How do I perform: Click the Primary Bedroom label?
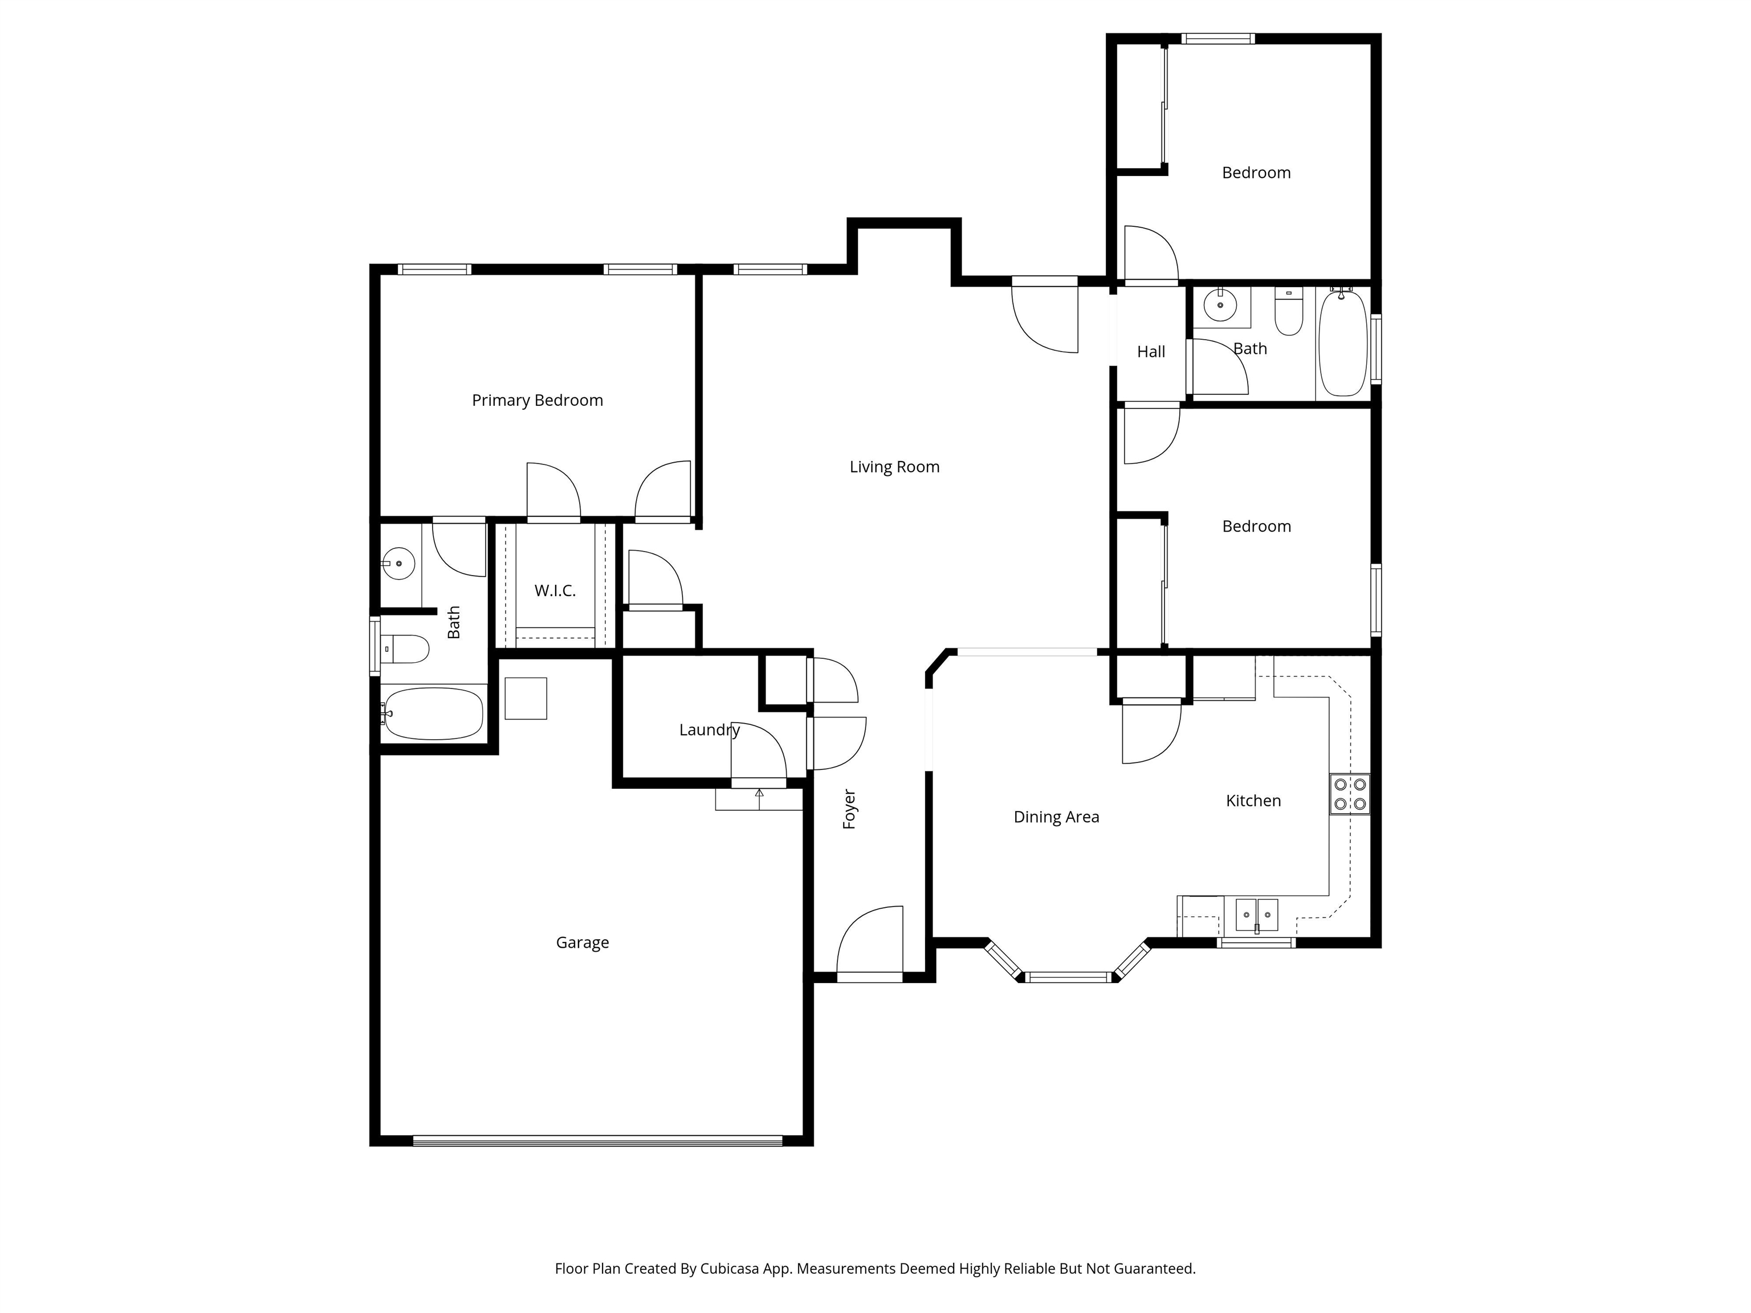pyautogui.click(x=537, y=401)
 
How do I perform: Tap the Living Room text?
pyautogui.click(x=894, y=467)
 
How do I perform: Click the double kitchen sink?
pyautogui.click(x=1256, y=915)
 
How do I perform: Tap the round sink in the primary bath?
pyautogui.click(x=398, y=562)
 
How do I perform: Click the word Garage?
pyautogui.click(x=582, y=943)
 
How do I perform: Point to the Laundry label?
pyautogui.click(x=708, y=729)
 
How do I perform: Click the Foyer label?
pyautogui.click(x=849, y=809)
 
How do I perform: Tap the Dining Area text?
pyautogui.click(x=1056, y=817)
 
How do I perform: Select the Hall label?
pyautogui.click(x=1150, y=352)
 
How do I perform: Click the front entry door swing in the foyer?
pyautogui.click(x=871, y=942)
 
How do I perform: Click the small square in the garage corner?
pyautogui.click(x=526, y=698)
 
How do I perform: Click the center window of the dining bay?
pyautogui.click(x=1068, y=977)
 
